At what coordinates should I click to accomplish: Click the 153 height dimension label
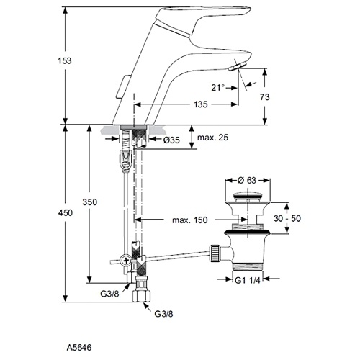coord(65,60)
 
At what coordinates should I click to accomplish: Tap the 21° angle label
coord(217,88)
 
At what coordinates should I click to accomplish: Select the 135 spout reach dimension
coord(201,104)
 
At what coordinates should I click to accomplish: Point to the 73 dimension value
coord(265,97)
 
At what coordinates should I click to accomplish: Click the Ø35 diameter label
coord(171,140)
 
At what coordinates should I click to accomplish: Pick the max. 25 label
coord(212,138)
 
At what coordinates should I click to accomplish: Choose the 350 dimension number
coord(90,202)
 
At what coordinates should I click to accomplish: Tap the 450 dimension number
coord(66,212)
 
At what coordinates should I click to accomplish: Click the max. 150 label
coord(190,220)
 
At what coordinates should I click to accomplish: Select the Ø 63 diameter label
coord(248,180)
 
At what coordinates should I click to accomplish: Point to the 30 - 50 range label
coord(287,218)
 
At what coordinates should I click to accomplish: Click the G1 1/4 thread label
coord(248,280)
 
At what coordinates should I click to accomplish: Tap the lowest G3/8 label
coord(163,314)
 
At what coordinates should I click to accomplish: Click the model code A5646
coord(79,348)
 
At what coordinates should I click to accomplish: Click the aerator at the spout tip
coord(238,66)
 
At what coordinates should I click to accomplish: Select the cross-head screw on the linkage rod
coord(125,260)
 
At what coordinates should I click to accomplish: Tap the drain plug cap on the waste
coord(247,196)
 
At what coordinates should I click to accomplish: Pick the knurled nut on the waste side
coord(216,253)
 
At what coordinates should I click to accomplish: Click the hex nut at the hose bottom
coord(142,295)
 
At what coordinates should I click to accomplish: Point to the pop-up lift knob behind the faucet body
coord(122,87)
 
